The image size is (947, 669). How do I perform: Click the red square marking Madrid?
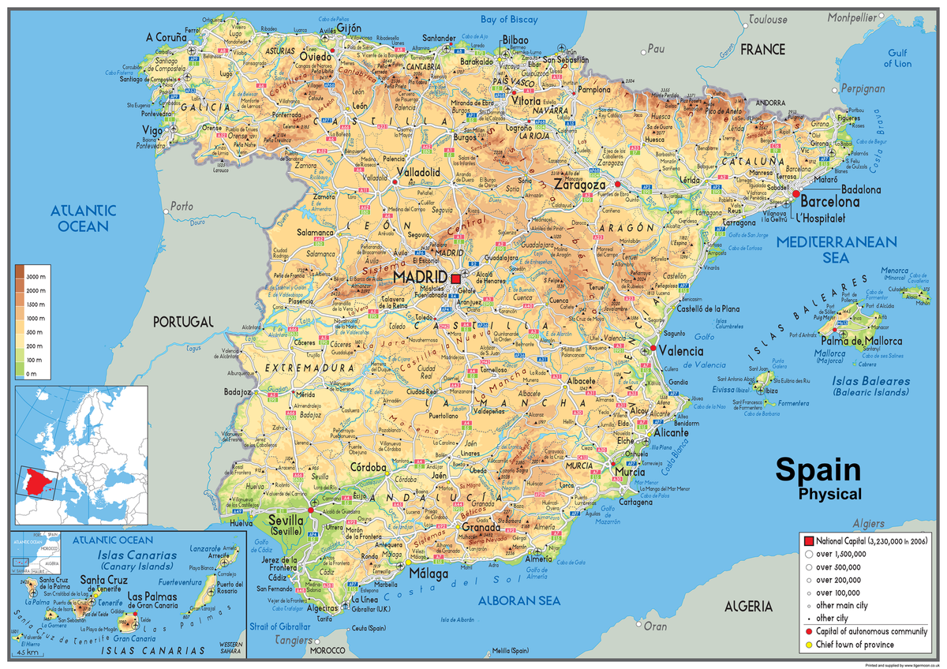coord(455,278)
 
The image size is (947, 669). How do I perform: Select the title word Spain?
coord(818,470)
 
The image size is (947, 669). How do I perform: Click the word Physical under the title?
coord(829,495)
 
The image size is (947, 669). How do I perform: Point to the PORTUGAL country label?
coord(183,322)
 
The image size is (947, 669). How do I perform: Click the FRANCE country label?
coord(762,50)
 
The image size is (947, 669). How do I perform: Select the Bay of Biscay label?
coord(509,19)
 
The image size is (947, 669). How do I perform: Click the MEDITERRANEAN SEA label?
coord(836,250)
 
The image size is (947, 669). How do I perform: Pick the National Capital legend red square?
coord(808,540)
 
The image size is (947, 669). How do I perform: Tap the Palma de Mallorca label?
coord(861,341)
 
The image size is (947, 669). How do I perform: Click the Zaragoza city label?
coord(585,185)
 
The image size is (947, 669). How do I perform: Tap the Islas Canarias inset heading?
coord(137,555)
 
